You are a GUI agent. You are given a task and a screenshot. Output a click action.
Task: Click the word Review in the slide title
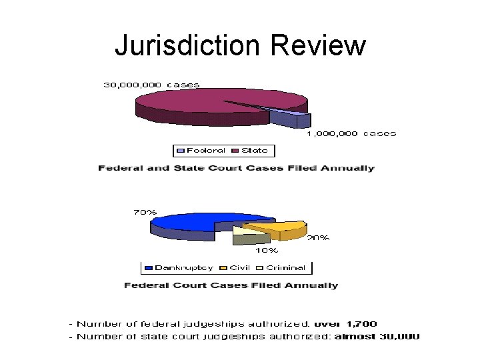pyautogui.click(x=319, y=45)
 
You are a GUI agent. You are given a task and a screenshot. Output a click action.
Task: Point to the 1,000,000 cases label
pyautogui.click(x=351, y=133)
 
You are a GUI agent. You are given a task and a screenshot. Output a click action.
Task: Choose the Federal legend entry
pyautogui.click(x=205, y=150)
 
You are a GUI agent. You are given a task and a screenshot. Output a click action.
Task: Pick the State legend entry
pyautogui.click(x=253, y=150)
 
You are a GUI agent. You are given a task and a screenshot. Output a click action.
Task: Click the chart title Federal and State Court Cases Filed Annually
pyautogui.click(x=236, y=168)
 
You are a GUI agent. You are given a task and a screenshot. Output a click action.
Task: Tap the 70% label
pyautogui.click(x=145, y=212)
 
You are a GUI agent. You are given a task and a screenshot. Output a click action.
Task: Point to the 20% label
pyautogui.click(x=318, y=237)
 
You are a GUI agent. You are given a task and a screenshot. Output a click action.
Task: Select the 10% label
pyautogui.click(x=267, y=251)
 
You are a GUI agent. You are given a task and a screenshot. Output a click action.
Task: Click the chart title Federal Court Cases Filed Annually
pyautogui.click(x=231, y=285)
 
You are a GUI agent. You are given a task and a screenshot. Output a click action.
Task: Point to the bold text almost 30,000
pyautogui.click(x=377, y=336)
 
